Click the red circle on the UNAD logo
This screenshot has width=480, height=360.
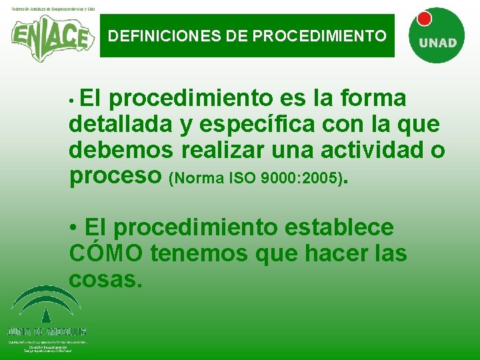point(424,19)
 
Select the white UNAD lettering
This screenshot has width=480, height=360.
point(437,43)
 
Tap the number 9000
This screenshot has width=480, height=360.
point(274,179)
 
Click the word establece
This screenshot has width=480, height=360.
point(339,227)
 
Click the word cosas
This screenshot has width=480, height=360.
point(106,279)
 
